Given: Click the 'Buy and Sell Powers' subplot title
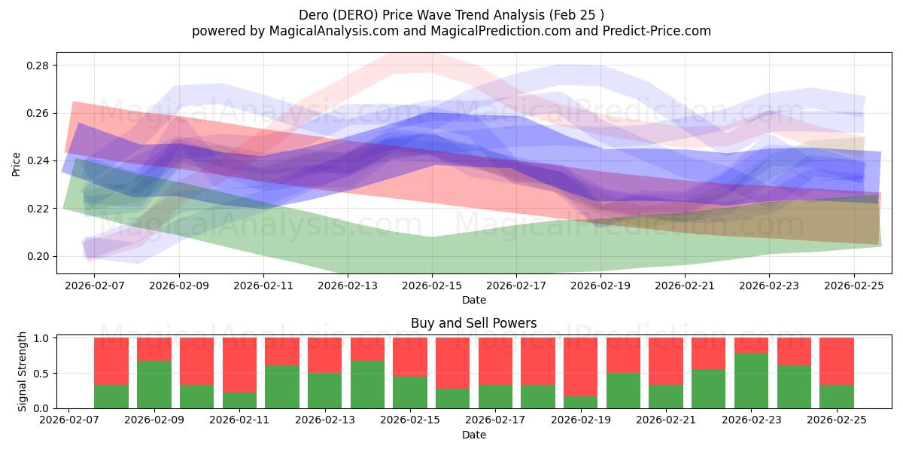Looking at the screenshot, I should [x=473, y=323].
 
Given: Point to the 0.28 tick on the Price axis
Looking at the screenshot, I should [x=39, y=66].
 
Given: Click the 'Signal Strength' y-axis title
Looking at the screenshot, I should [x=23, y=372].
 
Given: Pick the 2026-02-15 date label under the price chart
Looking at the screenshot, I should [x=432, y=286].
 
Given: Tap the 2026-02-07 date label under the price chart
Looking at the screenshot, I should [x=95, y=286].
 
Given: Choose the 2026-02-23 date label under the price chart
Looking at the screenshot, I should [x=769, y=286].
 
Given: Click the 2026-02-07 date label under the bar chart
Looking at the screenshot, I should [x=69, y=420].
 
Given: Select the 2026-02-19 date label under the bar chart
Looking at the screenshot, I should [x=581, y=420].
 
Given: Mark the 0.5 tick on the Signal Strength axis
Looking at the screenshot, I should [x=45, y=373].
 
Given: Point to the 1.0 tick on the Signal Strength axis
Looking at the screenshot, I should [x=45, y=338].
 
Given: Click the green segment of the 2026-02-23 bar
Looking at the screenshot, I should [x=751, y=380].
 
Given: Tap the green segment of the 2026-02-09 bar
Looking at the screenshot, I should [x=154, y=384].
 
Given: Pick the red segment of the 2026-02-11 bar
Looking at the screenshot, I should [x=239, y=365].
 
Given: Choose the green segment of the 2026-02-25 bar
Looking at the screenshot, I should [x=836, y=396].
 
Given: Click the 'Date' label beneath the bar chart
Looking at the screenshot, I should [x=473, y=435].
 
